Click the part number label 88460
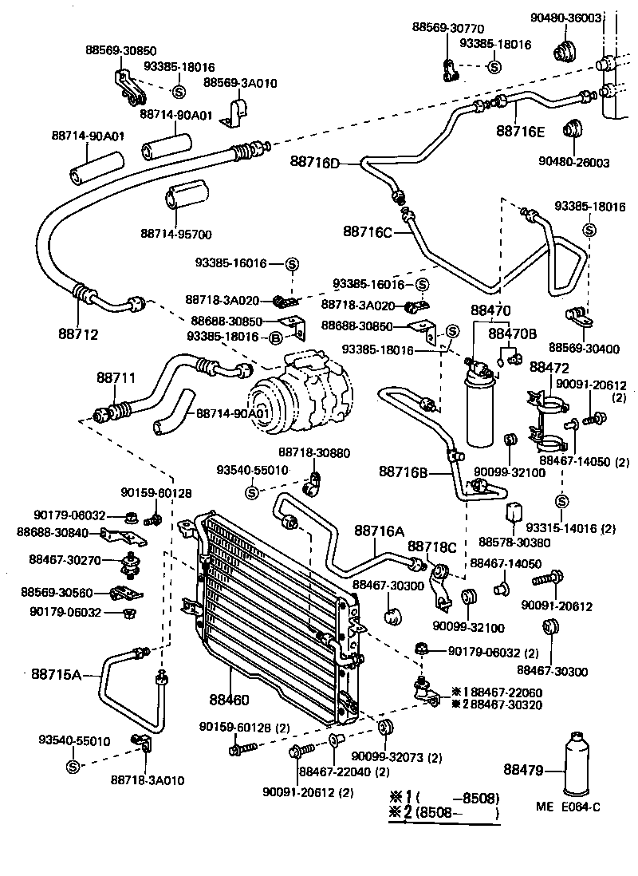pos(230,700)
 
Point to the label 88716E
pos(521,131)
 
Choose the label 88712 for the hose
pos(78,334)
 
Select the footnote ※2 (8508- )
pos(443,814)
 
